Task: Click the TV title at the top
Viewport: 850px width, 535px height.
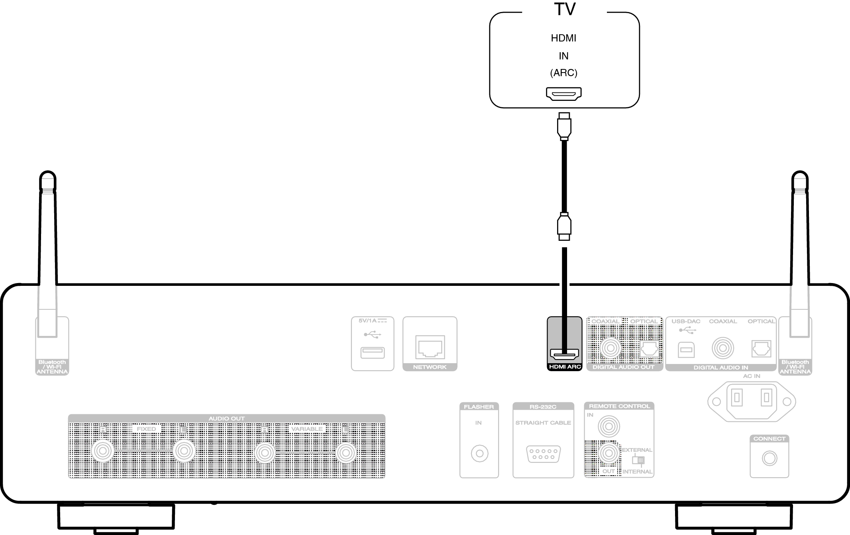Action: [564, 9]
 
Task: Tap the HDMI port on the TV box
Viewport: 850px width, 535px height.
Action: [563, 94]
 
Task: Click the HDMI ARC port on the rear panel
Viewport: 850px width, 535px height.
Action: [564, 354]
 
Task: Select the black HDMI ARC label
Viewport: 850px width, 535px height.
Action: [565, 367]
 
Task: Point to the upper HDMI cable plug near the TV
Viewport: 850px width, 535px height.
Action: [564, 126]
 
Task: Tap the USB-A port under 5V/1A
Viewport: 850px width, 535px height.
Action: [372, 353]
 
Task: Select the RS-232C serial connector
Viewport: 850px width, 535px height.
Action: [543, 454]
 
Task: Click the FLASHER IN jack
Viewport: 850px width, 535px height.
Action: [479, 454]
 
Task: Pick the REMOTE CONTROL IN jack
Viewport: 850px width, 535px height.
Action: [609, 427]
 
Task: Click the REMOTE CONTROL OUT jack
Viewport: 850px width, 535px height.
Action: [609, 454]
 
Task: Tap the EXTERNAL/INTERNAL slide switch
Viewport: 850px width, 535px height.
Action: [638, 460]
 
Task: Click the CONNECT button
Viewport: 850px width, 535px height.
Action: [769, 458]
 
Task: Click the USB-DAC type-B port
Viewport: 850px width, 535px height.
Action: [686, 350]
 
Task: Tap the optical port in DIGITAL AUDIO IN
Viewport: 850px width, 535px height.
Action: [761, 349]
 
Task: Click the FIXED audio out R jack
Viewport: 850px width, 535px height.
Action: [102, 451]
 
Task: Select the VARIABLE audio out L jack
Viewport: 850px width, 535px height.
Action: [345, 453]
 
